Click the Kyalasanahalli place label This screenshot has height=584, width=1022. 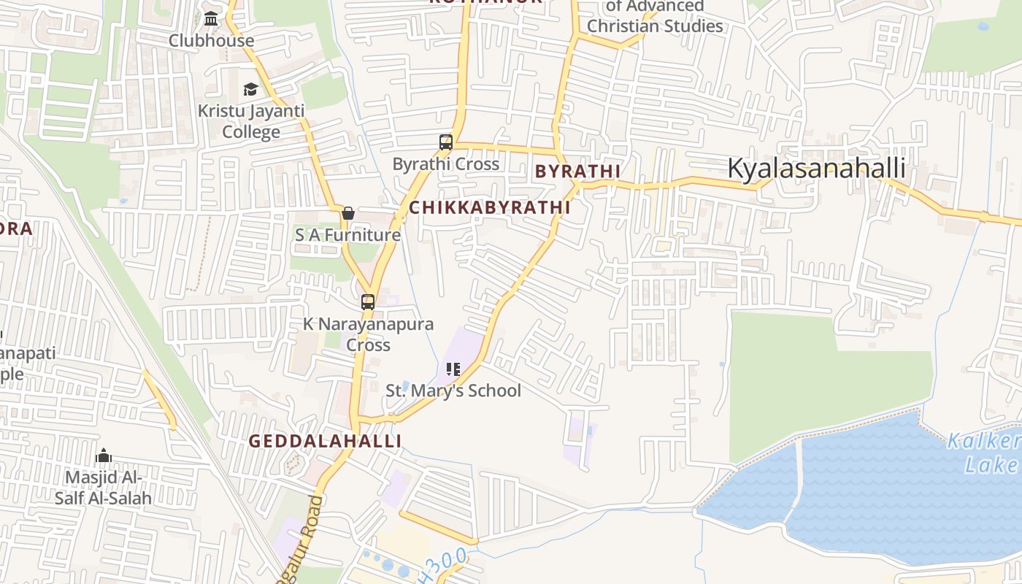(x=816, y=169)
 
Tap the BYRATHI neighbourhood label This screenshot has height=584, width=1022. (x=577, y=172)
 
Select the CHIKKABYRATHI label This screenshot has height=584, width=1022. (x=489, y=207)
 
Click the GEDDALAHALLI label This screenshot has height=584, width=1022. (x=325, y=441)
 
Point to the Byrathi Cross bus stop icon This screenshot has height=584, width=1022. (x=446, y=142)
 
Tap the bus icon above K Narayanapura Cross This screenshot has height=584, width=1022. (x=368, y=301)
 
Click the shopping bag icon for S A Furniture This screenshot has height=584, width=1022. (x=348, y=213)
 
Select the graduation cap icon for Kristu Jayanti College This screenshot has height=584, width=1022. (x=250, y=89)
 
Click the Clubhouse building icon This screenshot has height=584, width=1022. (x=211, y=19)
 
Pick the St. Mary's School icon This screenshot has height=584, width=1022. (x=453, y=369)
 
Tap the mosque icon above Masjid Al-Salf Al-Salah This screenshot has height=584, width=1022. (x=104, y=456)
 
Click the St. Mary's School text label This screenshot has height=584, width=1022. (x=453, y=391)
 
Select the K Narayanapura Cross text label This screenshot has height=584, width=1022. (x=369, y=334)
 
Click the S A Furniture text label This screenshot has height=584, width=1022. (x=347, y=235)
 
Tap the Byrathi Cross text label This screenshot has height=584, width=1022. (x=446, y=164)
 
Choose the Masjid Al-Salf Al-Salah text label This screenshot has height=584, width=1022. (x=104, y=488)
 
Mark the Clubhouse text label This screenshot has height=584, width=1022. (x=212, y=41)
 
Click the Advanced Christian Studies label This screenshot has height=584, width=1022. (x=655, y=17)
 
